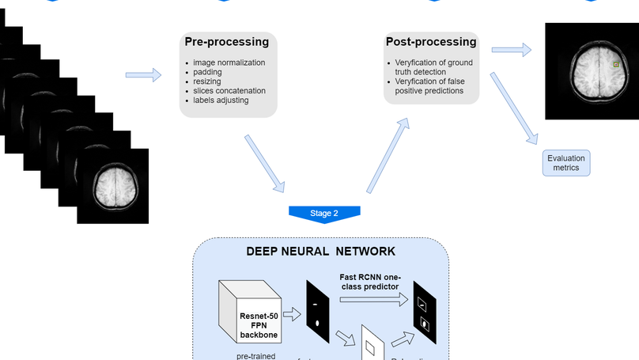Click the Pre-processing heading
[x=226, y=42]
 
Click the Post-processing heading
[x=431, y=42]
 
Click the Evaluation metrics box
[x=565, y=163]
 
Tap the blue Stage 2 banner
[x=324, y=214]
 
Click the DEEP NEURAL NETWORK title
[x=320, y=252]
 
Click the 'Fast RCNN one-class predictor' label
[x=370, y=282]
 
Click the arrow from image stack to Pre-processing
[x=143, y=75]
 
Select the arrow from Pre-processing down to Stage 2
[x=265, y=163]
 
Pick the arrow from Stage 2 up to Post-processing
[x=388, y=156]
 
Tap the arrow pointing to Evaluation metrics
[x=513, y=108]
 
